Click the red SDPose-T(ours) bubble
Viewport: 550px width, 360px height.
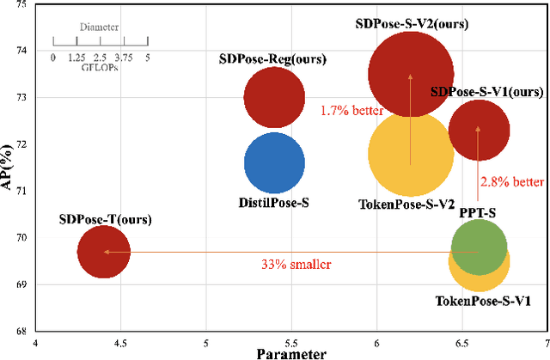coord(104,252)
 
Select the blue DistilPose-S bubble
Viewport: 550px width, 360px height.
coord(274,163)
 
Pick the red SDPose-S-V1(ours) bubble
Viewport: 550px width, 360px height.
coord(479,130)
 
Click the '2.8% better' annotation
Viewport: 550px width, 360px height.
coord(512,181)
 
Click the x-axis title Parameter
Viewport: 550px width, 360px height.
coord(291,353)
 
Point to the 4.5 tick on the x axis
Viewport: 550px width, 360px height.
coord(120,342)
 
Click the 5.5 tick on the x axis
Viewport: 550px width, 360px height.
coord(291,342)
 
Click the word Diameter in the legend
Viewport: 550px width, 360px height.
coord(100,27)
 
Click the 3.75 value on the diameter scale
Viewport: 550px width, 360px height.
coord(124,57)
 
